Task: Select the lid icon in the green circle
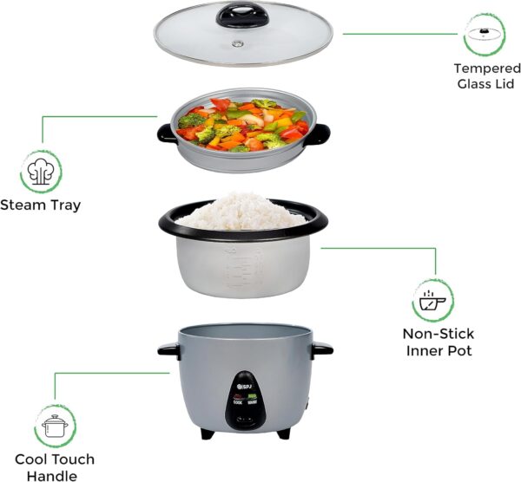click(x=485, y=34)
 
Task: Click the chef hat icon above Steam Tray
click(x=41, y=171)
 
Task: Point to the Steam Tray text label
click(x=41, y=205)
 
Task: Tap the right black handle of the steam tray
click(x=320, y=133)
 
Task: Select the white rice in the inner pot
click(x=243, y=211)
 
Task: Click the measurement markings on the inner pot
click(x=241, y=269)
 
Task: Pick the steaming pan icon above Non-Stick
click(x=432, y=301)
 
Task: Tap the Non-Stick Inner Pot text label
click(x=438, y=342)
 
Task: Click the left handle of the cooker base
click(x=168, y=350)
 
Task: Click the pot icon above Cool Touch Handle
click(x=54, y=426)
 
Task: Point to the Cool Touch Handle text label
click(x=54, y=467)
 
